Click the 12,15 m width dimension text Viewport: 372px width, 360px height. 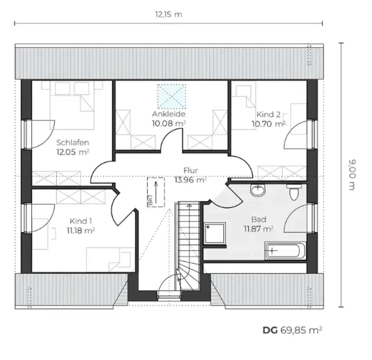[169, 15]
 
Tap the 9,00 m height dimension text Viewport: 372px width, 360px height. [352, 175]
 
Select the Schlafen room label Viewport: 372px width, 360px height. [73, 143]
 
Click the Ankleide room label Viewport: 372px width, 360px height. [169, 114]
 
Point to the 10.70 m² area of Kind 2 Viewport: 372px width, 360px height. [268, 124]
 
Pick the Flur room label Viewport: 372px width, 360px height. [190, 171]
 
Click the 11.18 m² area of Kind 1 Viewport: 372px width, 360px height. [81, 230]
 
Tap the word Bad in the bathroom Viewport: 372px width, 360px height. [259, 220]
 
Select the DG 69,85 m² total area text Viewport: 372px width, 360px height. [292, 330]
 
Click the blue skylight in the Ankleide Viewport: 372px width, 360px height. [171, 96]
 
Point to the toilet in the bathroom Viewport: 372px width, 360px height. [294, 192]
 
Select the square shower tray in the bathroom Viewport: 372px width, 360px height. [215, 233]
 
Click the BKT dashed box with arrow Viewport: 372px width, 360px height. [156, 192]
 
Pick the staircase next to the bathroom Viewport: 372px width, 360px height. [187, 245]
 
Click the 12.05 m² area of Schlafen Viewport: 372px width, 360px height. [73, 152]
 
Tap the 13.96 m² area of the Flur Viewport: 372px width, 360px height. [190, 180]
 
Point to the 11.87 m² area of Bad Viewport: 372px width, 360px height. [259, 229]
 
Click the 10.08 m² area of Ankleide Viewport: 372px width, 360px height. [169, 123]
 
